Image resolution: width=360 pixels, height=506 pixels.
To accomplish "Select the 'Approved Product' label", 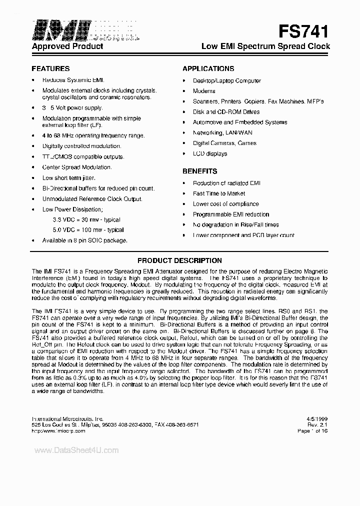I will click(67, 46).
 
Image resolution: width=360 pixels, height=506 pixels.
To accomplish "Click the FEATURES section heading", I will click(50, 68).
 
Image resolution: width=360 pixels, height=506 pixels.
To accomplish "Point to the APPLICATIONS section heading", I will click(208, 68).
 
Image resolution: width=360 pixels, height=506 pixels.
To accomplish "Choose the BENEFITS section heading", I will click(199, 171).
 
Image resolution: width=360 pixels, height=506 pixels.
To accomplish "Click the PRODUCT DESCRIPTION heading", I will click(179, 260).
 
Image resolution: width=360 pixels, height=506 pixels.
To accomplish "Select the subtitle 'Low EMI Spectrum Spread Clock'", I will click(265, 46).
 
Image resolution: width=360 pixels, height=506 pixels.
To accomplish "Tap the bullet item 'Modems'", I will click(204, 91).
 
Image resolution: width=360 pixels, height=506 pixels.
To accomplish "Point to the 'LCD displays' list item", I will click(210, 153).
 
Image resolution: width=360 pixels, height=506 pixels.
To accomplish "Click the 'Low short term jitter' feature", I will click(69, 178).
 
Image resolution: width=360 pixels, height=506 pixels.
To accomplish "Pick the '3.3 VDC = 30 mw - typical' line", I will click(86, 219).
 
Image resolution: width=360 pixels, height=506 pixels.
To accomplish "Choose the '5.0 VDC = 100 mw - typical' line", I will click(88, 230).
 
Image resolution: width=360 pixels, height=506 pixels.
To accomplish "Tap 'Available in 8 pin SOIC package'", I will click(85, 240).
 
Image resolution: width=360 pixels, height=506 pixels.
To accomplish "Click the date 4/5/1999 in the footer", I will click(317, 418).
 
